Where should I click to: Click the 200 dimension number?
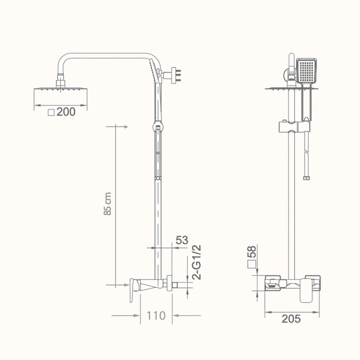66,112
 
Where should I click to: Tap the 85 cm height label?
108,204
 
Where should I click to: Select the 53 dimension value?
182,240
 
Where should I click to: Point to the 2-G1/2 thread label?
197,262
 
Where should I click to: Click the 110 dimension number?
156,315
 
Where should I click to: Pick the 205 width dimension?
291,319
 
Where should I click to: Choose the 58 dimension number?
252,252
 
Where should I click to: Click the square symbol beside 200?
51,113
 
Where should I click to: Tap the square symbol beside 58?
252,264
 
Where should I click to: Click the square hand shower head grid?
307,71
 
